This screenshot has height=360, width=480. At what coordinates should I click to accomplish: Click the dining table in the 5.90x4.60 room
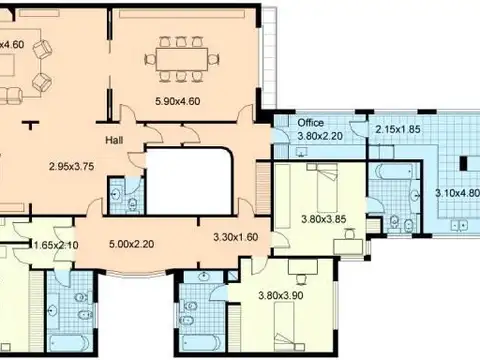coord(182,59)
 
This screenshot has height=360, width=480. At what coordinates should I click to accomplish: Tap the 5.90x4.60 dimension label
coord(178,101)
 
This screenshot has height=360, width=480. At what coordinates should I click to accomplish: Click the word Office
coord(310,123)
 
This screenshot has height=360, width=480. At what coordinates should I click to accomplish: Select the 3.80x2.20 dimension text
coord(320,136)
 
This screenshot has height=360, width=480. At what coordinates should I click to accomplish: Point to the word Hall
coord(114,140)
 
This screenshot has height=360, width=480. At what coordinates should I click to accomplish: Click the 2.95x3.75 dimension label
coord(71,166)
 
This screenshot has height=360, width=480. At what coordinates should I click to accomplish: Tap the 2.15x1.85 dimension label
coord(398,129)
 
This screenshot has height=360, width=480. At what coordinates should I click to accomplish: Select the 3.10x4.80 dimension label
coord(457,193)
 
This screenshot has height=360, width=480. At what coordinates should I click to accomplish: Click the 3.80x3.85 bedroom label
coord(324,219)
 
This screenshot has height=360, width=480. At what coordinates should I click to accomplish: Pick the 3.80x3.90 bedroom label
coord(281,295)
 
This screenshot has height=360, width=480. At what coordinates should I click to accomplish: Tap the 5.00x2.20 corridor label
coord(132,244)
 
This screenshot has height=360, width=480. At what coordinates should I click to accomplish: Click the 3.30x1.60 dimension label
coord(236,237)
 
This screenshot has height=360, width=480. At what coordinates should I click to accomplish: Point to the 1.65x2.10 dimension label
coord(56,245)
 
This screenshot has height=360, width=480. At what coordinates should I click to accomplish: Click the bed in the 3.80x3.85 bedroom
coord(327,188)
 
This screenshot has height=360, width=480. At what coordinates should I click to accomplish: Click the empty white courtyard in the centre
coord(189,181)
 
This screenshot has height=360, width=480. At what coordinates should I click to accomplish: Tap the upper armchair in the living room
coord(43,49)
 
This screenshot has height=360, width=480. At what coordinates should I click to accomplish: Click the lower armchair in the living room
coord(42,82)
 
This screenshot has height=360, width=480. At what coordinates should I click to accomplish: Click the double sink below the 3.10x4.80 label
coord(459,226)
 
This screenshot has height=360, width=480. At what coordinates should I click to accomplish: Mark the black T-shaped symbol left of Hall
coord(31,124)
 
